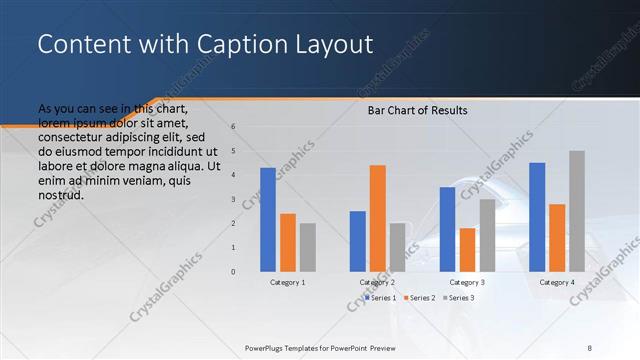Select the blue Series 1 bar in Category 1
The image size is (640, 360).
point(267,219)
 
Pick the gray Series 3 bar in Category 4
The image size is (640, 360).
point(577,211)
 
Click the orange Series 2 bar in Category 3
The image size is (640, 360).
point(467,249)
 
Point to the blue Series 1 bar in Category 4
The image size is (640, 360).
point(537,217)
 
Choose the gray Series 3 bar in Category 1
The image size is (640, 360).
point(308,247)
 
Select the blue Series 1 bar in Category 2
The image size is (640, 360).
point(357,241)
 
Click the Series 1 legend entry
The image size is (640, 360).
point(381,298)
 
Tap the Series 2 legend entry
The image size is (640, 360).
point(421,298)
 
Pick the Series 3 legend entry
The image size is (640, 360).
point(460,298)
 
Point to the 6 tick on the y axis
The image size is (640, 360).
point(232,127)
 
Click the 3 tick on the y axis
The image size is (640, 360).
point(232,199)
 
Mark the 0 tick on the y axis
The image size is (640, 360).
point(232,272)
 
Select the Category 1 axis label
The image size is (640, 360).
point(288,283)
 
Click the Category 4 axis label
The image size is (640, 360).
point(557,283)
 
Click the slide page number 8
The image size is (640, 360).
point(589,347)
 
